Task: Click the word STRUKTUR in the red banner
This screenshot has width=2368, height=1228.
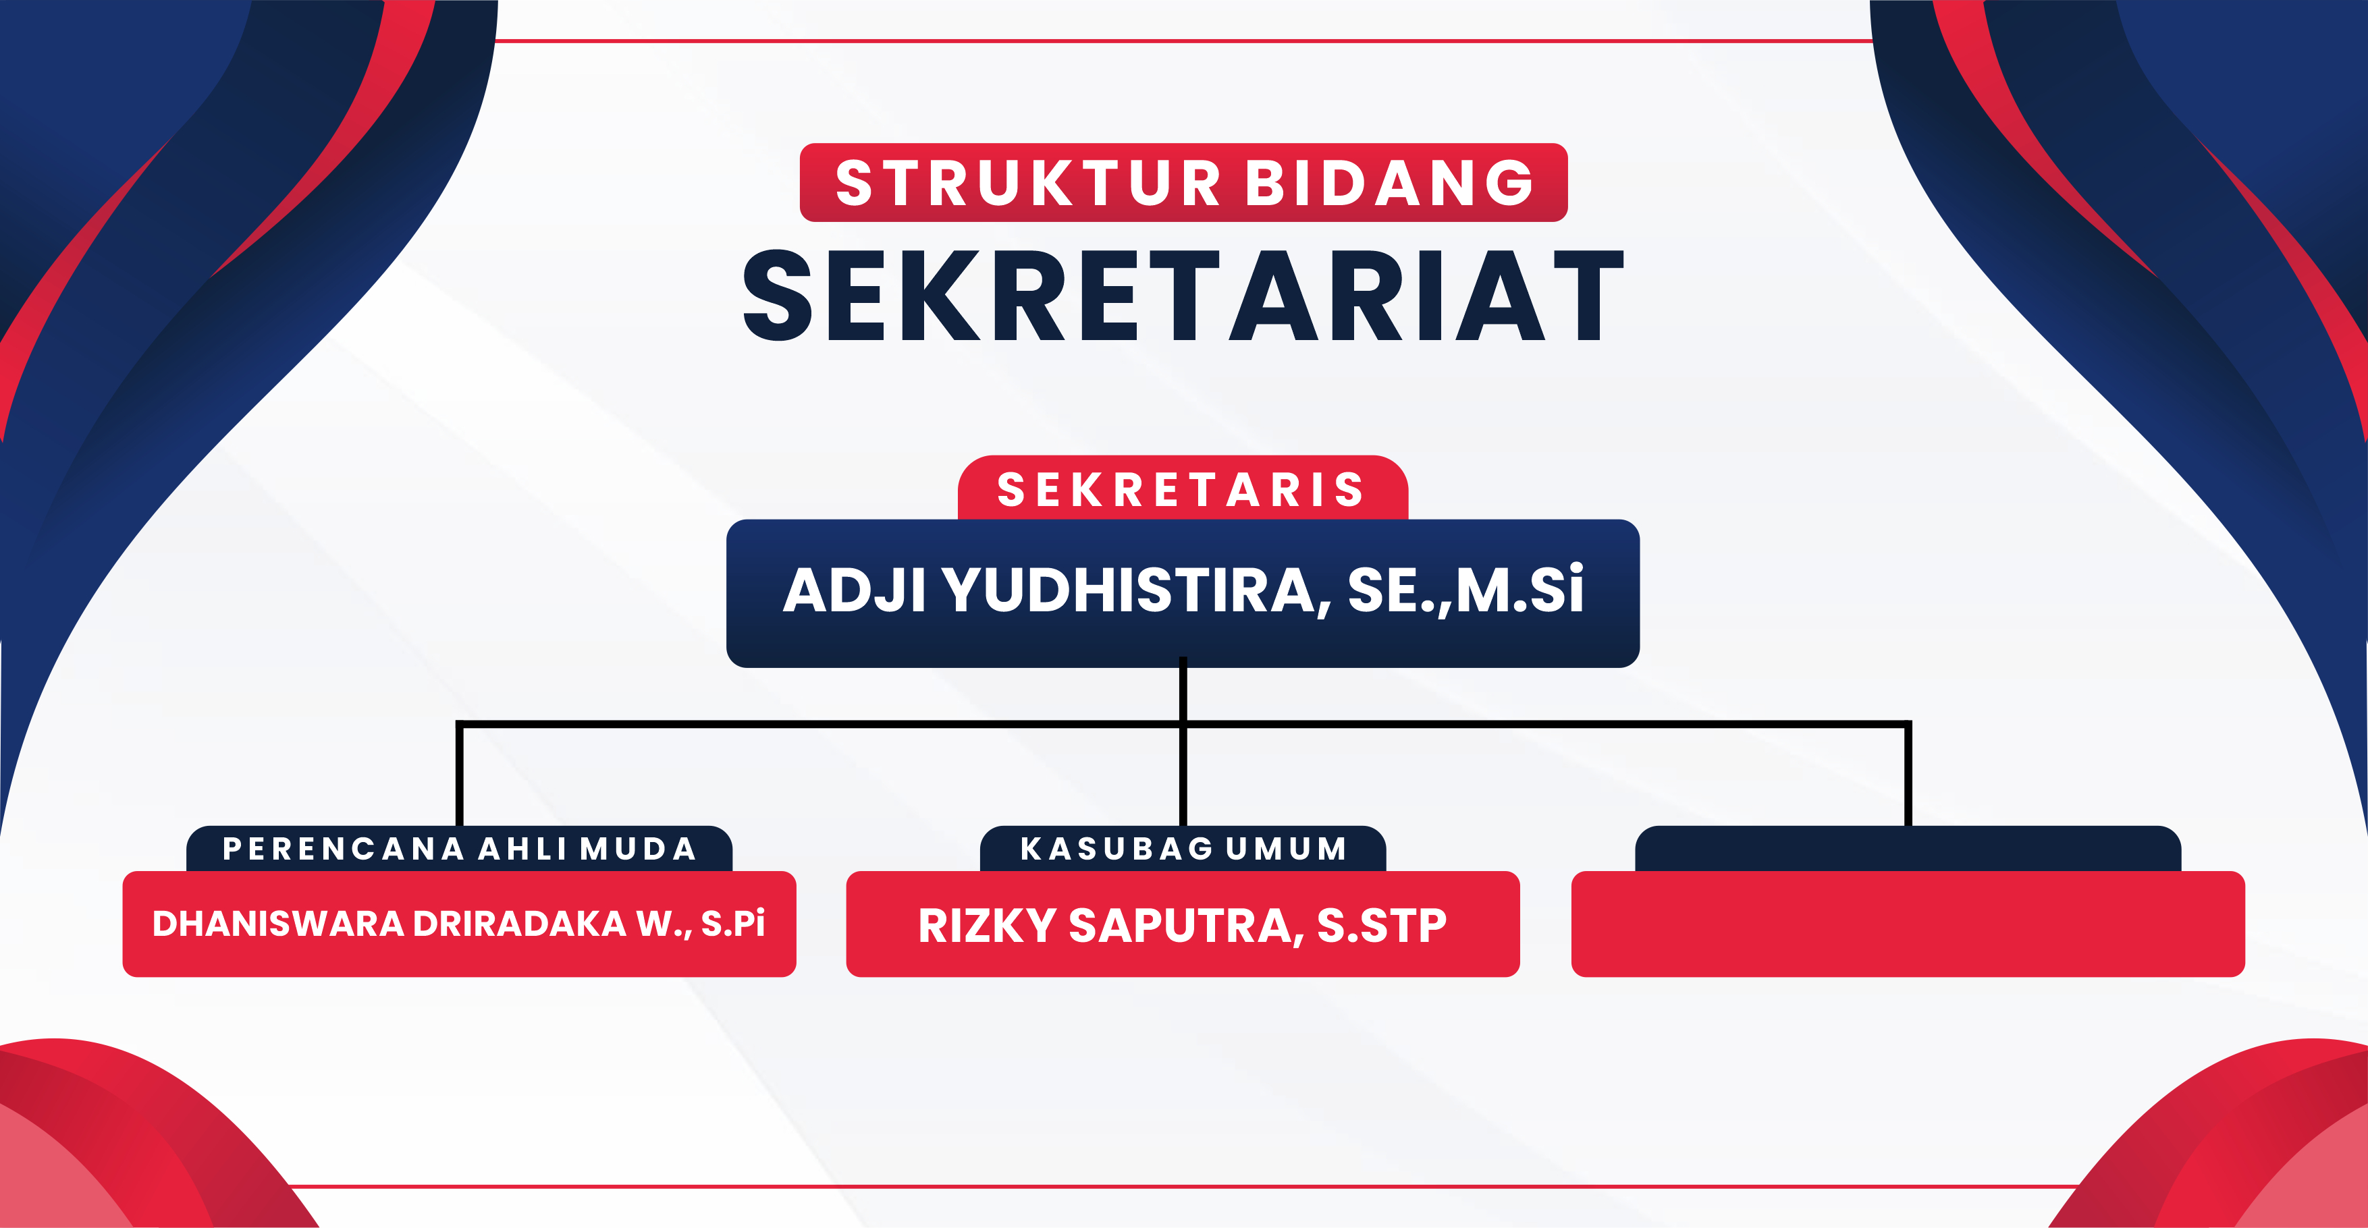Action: pos(1027,182)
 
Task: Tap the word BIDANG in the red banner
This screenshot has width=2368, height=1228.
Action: pos(1389,182)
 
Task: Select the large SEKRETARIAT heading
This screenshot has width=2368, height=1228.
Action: pos(1183,295)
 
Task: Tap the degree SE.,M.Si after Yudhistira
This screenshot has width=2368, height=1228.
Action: pos(1466,590)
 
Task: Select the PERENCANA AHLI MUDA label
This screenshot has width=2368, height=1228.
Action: pos(460,848)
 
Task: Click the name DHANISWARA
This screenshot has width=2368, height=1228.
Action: pos(277,924)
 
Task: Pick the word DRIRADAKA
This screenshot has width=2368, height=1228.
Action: pos(519,924)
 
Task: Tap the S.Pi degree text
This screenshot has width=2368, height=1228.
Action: pos(732,924)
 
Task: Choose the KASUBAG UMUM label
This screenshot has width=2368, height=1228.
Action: pos(1183,848)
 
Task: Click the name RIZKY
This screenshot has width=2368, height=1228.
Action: pos(988,926)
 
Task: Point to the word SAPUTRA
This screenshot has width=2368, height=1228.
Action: pos(1186,926)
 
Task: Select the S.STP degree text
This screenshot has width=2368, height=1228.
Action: pos(1382,926)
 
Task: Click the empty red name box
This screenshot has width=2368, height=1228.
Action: pos(1908,924)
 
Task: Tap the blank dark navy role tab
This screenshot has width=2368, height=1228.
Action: pos(1908,848)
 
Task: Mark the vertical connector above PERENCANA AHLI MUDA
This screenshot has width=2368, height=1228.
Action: pos(460,775)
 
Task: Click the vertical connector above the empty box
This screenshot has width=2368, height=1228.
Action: pos(1908,775)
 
